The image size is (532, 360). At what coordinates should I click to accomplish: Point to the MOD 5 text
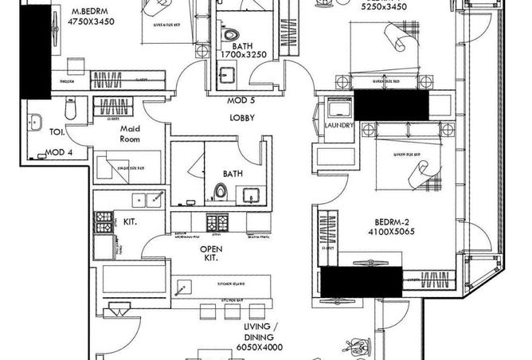point(241,101)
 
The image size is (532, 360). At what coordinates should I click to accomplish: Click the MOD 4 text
point(58,151)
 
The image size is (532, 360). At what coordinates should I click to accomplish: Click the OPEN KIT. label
point(210,253)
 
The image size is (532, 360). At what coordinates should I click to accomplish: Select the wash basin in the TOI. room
point(35,122)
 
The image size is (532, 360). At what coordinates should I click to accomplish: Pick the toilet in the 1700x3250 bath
point(232,37)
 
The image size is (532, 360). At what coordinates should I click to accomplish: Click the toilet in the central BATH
point(221,192)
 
